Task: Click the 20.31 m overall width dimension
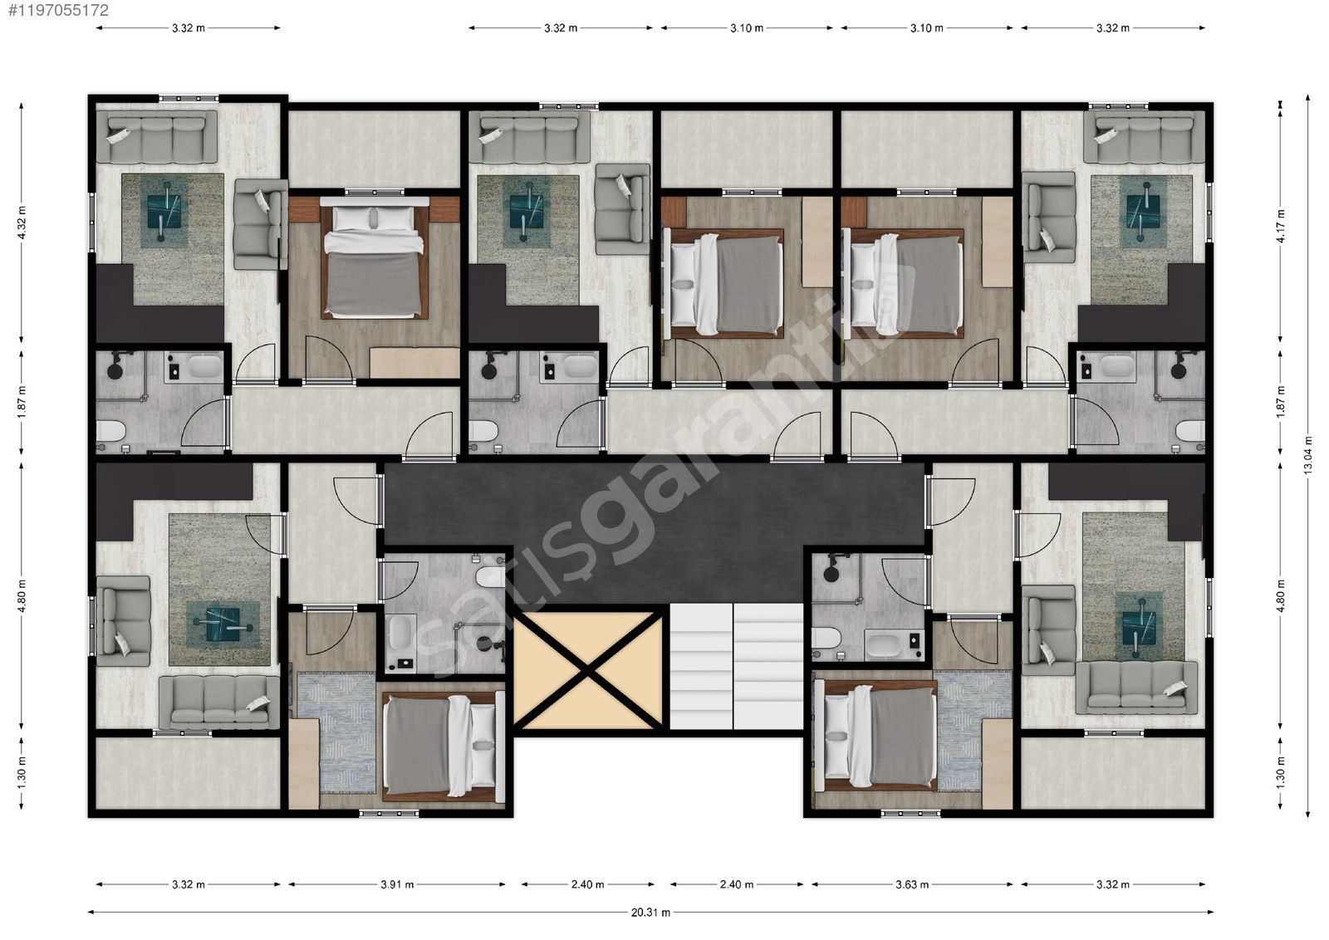650,913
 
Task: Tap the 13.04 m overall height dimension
1308,456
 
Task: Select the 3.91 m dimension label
397,885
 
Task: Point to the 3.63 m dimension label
912,885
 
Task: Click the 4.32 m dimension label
22,223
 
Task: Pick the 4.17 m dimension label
1281,225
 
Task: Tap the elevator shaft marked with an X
586,670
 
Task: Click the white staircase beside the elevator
736,666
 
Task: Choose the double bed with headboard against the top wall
375,258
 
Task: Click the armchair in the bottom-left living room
124,621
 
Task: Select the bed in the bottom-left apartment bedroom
440,746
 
